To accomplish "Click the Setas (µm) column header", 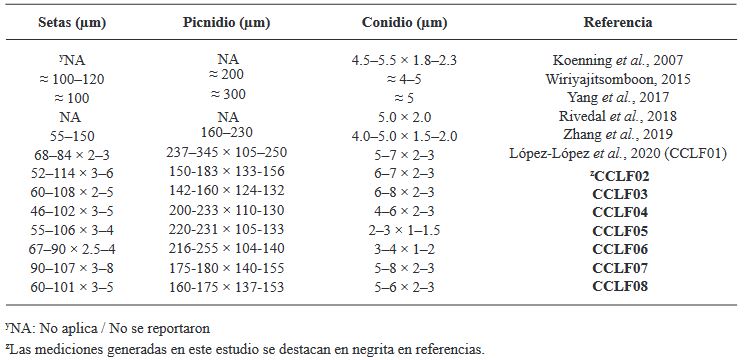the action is [72, 23].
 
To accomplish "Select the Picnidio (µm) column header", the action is [226, 23].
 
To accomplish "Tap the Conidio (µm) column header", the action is [404, 23].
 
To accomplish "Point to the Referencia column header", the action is [618, 22].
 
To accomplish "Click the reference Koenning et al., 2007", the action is [618, 60].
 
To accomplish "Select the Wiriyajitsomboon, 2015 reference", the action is [618, 79].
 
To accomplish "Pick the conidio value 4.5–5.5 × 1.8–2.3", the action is [404, 60].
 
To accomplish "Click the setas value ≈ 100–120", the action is [72, 79].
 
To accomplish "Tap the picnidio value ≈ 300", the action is [228, 94].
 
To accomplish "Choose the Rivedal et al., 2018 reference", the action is [618, 116].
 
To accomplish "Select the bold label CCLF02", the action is [620, 176].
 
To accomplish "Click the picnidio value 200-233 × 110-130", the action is [227, 210].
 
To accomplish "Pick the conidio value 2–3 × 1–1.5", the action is [404, 230].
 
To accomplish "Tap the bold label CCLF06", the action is [620, 249].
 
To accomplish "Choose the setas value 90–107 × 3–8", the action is [72, 268].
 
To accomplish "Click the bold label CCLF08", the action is [620, 286].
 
